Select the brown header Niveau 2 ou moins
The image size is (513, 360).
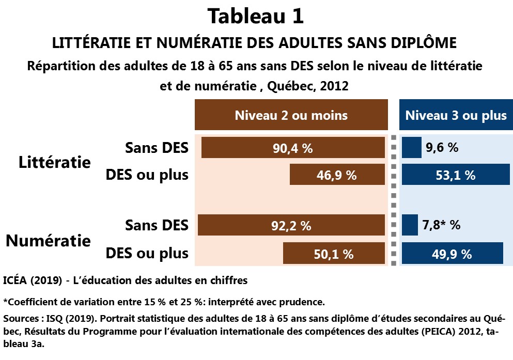pyautogui.click(x=291, y=115)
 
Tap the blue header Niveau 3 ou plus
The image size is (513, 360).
pyautogui.click(x=456, y=115)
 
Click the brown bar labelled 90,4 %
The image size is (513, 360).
pyautogui.click(x=293, y=148)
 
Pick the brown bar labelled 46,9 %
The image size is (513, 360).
pyautogui.click(x=337, y=175)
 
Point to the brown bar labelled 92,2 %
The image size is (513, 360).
pyautogui.click(x=291, y=226)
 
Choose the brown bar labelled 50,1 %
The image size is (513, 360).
pyautogui.click(x=333, y=254)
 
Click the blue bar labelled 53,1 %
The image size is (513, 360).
pyautogui.click(x=456, y=175)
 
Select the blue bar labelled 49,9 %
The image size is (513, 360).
pyautogui.click(x=452, y=254)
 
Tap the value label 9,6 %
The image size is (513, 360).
pyautogui.click(x=442, y=148)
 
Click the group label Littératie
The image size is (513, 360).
pyautogui.click(x=54, y=162)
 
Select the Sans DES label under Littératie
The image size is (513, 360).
pyautogui.click(x=157, y=148)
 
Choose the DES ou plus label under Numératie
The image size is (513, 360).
pyautogui.click(x=147, y=254)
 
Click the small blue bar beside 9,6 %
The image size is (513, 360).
pyautogui.click(x=412, y=148)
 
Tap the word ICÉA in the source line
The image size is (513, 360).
pyautogui.click(x=15, y=281)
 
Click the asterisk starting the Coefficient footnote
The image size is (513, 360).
pyautogui.click(x=5, y=301)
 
